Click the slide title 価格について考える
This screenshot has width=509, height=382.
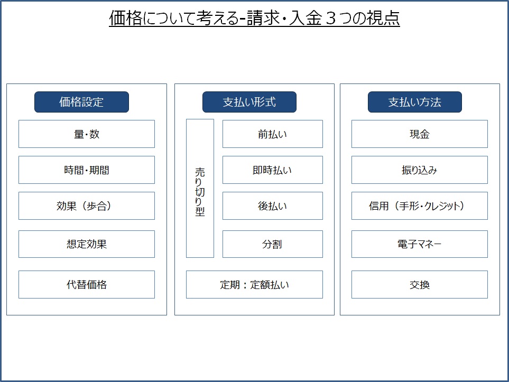click(x=174, y=18)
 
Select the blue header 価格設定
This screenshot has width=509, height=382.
click(x=81, y=102)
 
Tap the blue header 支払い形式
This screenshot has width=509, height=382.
click(x=249, y=102)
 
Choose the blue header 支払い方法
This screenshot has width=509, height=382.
click(x=414, y=102)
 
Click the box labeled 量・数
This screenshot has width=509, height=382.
click(x=87, y=134)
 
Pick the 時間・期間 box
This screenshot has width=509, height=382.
click(x=87, y=170)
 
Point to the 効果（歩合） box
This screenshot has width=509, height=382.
click(x=87, y=206)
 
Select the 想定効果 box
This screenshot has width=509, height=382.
click(x=87, y=244)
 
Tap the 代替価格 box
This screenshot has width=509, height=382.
click(x=87, y=285)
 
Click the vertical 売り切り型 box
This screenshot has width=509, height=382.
click(x=200, y=188)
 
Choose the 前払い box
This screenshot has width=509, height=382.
click(x=273, y=134)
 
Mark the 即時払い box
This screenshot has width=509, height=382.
click(x=273, y=170)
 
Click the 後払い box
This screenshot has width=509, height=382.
click(x=273, y=206)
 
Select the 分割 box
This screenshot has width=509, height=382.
click(x=273, y=244)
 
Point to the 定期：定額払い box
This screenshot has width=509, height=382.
click(x=255, y=285)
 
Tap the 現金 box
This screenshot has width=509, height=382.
click(x=419, y=134)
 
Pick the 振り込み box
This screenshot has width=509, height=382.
click(x=419, y=170)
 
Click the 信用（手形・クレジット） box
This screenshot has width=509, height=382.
click(x=419, y=206)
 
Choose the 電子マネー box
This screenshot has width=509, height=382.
click(x=419, y=244)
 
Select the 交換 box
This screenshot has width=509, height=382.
click(x=419, y=285)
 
